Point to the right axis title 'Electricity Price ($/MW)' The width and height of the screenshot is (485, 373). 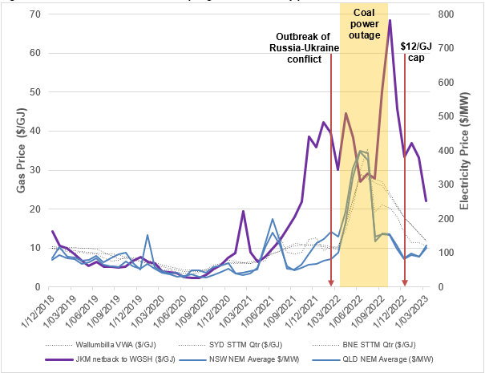point(466,152)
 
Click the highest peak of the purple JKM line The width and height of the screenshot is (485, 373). point(390,21)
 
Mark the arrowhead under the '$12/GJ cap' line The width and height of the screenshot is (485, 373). point(405,283)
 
